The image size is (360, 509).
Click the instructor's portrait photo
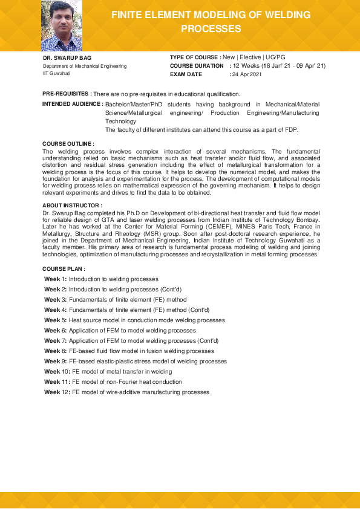[61, 25]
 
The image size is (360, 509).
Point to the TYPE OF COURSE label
[194, 57]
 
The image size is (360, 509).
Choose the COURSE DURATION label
[197, 65]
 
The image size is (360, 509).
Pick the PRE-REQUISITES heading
[67, 94]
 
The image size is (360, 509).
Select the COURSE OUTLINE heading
[68, 143]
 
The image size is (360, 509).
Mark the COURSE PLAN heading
[64, 268]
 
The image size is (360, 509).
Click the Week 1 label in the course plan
[56, 279]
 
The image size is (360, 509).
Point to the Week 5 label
[56, 320]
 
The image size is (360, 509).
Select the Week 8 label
[56, 351]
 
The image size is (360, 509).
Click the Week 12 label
[57, 392]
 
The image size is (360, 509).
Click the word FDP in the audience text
[292, 130]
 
